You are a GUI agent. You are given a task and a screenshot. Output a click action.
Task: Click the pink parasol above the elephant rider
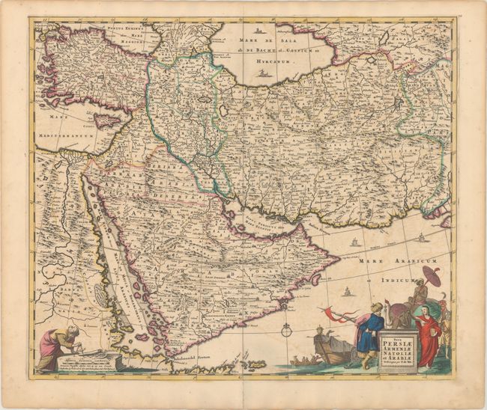click(431, 272)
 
